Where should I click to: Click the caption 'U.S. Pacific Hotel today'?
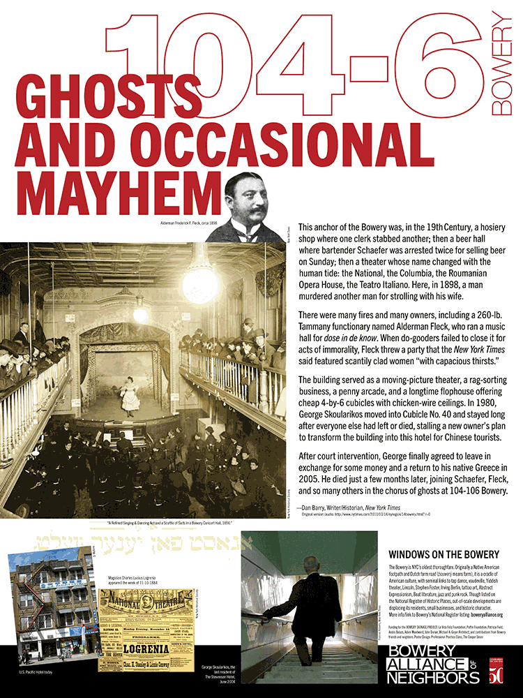pyautogui.click(x=39, y=672)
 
